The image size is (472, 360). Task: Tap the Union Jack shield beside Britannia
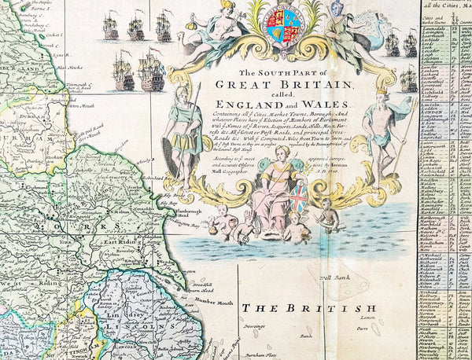point(299,200)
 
